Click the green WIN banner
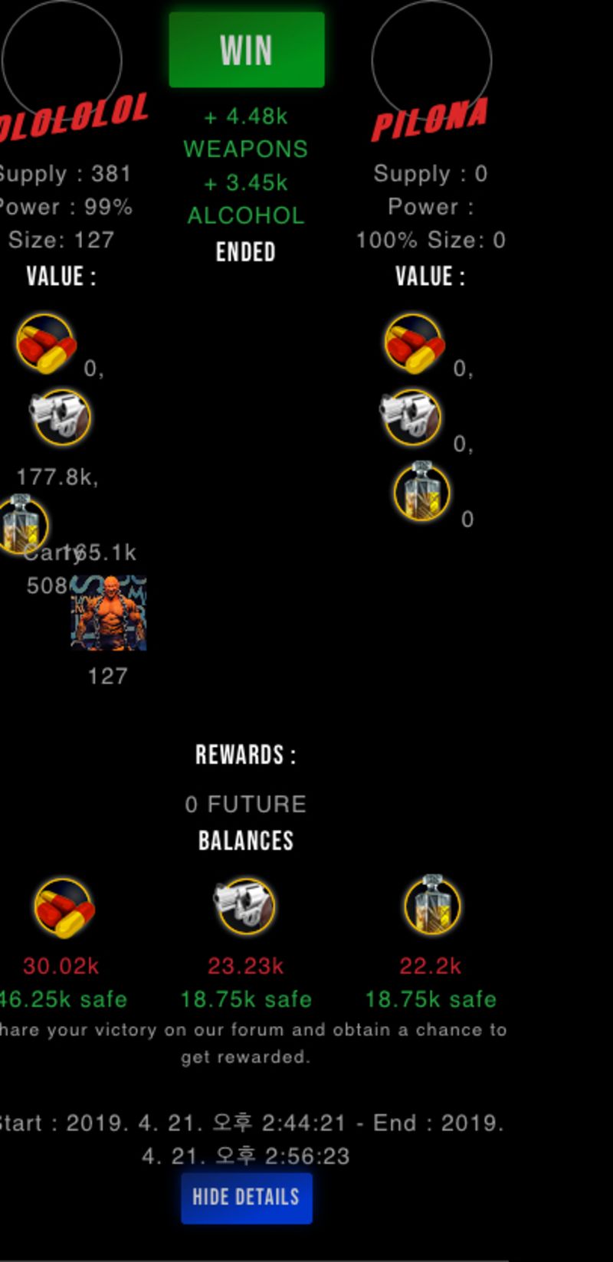click(x=246, y=50)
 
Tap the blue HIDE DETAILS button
click(x=246, y=1197)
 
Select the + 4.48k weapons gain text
click(x=246, y=116)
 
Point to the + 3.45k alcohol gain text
click(x=246, y=183)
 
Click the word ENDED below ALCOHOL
click(x=246, y=252)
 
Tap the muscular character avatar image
click(x=109, y=613)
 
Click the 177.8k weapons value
click(x=57, y=477)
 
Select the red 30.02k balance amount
click(x=61, y=965)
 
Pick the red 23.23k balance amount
click(x=246, y=965)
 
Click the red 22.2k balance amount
click(x=431, y=965)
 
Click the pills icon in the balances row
click(x=64, y=908)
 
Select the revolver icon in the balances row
click(x=244, y=906)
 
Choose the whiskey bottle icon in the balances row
click(x=432, y=906)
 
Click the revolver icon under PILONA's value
click(x=411, y=417)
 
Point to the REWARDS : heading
click(x=246, y=755)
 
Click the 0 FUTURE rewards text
click(x=246, y=804)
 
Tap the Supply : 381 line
click(x=65, y=174)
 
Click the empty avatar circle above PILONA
click(x=431, y=60)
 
